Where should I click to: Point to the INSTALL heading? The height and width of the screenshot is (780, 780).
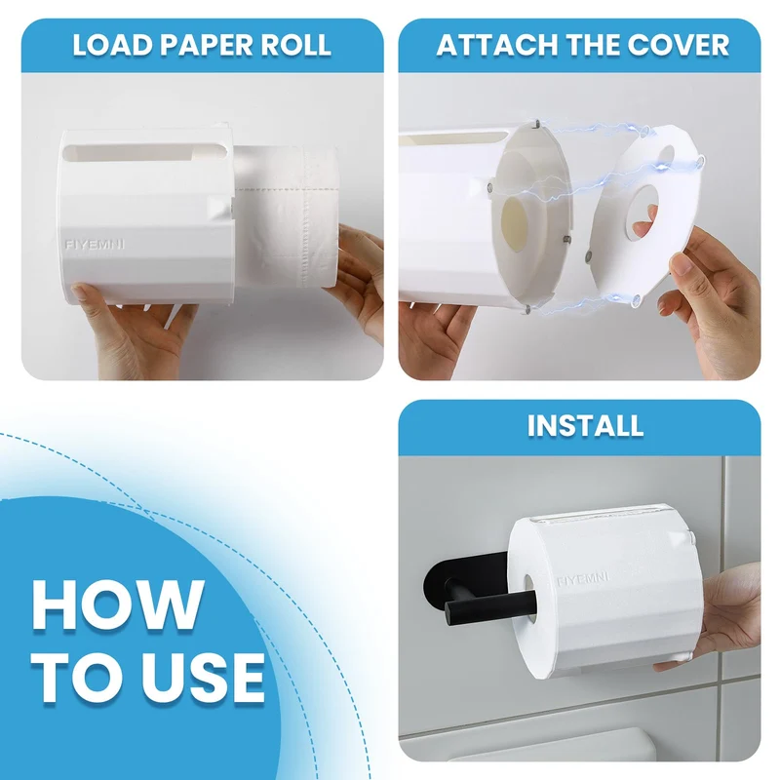pos(585,426)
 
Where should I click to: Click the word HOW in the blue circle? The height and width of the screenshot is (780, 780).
pos(118,604)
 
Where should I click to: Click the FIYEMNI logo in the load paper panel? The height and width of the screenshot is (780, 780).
pos(95,245)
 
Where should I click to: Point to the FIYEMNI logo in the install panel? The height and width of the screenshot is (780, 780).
pos(582,580)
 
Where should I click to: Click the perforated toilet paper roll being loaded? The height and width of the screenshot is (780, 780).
pos(288,216)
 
